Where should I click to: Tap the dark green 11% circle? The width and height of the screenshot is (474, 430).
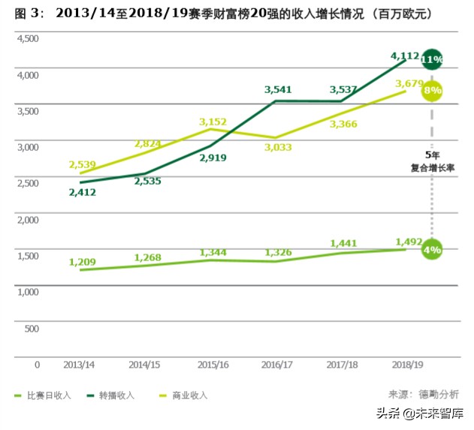pos(432,59)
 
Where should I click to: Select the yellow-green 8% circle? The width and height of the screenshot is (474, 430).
pos(432,91)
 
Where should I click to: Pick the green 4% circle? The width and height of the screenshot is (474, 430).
pos(432,249)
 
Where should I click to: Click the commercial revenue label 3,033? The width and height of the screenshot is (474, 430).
pos(279,148)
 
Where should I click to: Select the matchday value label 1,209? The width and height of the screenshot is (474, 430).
pos(83,262)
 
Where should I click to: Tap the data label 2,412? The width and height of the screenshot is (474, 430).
pos(83,192)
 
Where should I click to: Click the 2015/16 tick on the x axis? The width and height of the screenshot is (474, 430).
pos(213,364)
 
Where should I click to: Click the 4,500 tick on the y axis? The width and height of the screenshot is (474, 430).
pos(27,38)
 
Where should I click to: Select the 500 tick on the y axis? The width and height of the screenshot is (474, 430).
pos(32,328)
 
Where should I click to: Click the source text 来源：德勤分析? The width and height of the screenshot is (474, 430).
pos(423,394)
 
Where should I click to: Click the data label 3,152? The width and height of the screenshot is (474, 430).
pos(213,122)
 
